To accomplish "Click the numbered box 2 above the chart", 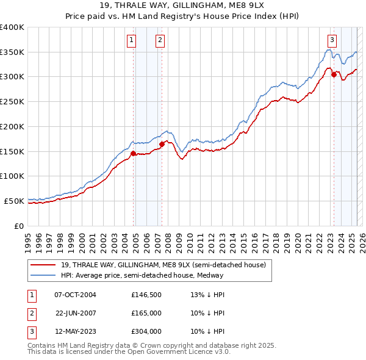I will point(160,41).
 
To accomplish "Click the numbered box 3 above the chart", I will point(332,41).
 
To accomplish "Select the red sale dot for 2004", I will point(133,153).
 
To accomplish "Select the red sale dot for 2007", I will point(162,144).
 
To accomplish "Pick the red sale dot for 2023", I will point(334,75).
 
